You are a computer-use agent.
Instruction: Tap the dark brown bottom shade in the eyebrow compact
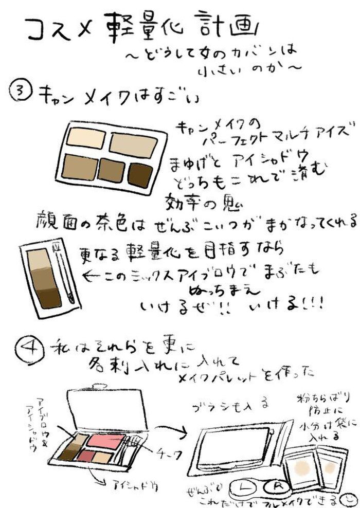[50, 297]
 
